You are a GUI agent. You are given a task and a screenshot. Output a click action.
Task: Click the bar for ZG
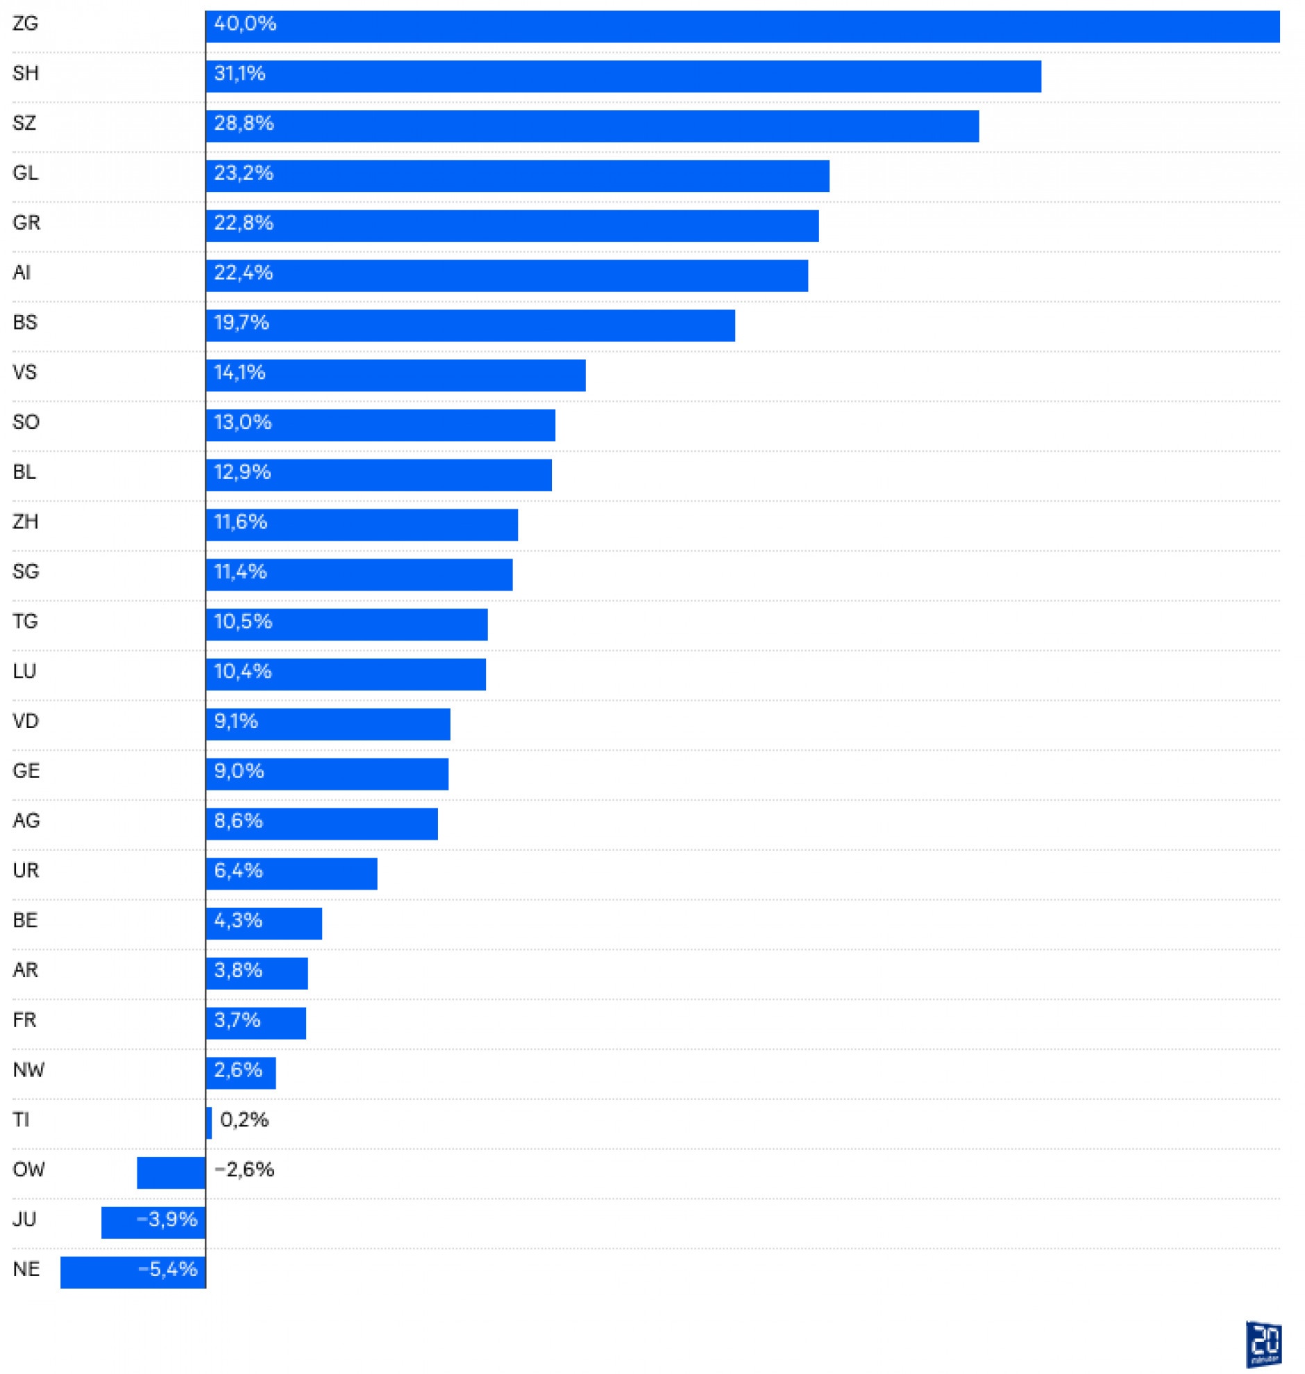(741, 26)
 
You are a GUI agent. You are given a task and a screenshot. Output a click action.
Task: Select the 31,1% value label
(240, 74)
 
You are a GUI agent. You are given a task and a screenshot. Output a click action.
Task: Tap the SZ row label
(24, 123)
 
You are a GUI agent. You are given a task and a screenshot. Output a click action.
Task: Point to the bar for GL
(518, 176)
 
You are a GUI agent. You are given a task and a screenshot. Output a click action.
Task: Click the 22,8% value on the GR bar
(244, 223)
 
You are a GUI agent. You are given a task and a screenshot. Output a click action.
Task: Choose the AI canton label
(22, 273)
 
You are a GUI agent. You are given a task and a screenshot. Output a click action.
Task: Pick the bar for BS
(470, 325)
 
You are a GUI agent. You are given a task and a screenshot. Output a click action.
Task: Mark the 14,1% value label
(240, 373)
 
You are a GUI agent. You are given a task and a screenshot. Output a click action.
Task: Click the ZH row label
(25, 522)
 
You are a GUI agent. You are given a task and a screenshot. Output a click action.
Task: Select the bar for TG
(347, 625)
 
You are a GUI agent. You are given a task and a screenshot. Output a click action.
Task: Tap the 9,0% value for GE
(239, 771)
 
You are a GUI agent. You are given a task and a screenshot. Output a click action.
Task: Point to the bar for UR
(292, 874)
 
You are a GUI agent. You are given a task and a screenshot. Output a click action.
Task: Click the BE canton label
(25, 920)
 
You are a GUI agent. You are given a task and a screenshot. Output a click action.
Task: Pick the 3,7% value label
(237, 1020)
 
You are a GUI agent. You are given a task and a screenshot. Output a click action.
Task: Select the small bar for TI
(209, 1123)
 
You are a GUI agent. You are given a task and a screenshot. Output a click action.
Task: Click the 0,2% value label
(244, 1119)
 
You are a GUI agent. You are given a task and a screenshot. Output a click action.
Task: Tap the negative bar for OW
(171, 1172)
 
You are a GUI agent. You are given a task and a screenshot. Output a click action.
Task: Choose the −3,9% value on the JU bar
(167, 1219)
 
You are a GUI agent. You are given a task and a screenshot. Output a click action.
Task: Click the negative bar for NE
(133, 1273)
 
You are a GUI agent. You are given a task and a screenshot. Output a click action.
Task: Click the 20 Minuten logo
(1263, 1344)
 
